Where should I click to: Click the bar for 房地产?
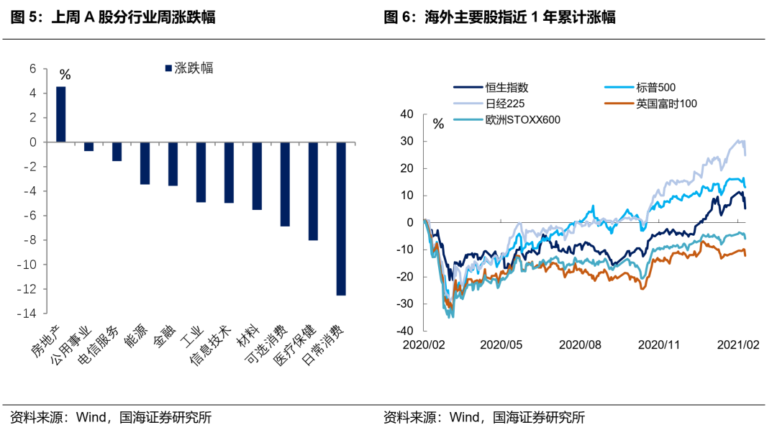pos(61,114)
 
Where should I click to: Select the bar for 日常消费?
pos(340,219)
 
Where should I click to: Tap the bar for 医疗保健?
pos(313,191)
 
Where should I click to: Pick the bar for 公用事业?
pos(89,147)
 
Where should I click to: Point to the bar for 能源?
pos(145,163)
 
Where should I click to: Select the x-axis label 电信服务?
pos(106,344)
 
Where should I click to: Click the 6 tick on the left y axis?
pos(32,69)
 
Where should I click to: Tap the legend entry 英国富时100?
pos(666,104)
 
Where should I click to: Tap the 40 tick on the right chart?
pos(406,114)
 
